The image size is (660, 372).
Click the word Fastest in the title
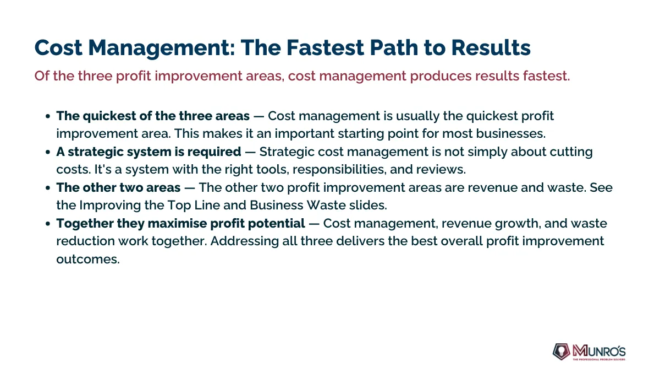point(325,47)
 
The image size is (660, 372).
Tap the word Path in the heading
point(394,47)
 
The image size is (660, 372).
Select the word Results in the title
point(491,47)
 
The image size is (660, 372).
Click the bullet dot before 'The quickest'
point(48,116)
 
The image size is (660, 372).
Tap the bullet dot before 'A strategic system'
point(48,152)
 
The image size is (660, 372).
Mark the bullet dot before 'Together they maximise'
point(48,224)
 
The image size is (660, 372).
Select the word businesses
point(511,133)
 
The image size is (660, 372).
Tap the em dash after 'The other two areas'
point(189,188)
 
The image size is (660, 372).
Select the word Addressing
point(245,241)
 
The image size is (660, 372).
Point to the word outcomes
point(88,260)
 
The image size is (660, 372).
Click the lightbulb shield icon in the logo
point(561,352)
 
